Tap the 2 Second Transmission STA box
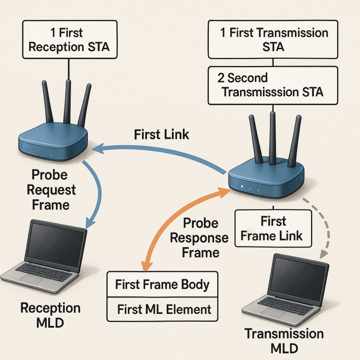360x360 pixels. pos(272,85)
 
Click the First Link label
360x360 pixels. pos(161,134)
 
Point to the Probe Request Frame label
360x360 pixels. pos(50,189)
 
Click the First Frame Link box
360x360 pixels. pos(272,228)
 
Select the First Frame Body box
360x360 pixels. pos(162,284)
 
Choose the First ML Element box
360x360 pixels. pos(162,309)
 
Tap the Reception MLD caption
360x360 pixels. pos(50,315)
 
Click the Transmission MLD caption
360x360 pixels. pos(284,340)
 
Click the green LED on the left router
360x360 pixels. pos(50,155)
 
